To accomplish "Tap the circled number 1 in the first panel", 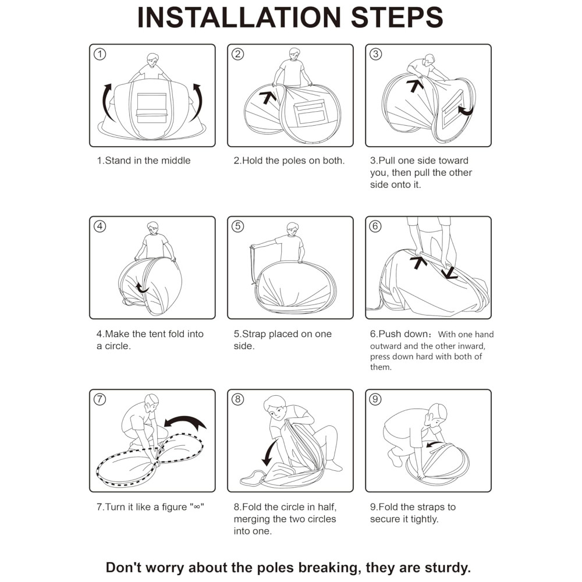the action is pyautogui.click(x=100, y=54).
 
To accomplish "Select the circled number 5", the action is pyautogui.click(x=237, y=226).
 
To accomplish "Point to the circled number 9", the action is pyautogui.click(x=375, y=399).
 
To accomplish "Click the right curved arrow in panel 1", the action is pyautogui.click(x=199, y=102).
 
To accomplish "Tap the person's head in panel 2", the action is pyautogui.click(x=294, y=54).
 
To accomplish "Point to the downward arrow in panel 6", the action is pyautogui.click(x=449, y=273).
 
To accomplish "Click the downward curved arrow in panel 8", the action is pyautogui.click(x=268, y=453).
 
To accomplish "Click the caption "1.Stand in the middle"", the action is pyautogui.click(x=144, y=161).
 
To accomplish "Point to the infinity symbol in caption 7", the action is pyautogui.click(x=196, y=507).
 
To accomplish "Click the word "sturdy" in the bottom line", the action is pyautogui.click(x=448, y=568).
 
